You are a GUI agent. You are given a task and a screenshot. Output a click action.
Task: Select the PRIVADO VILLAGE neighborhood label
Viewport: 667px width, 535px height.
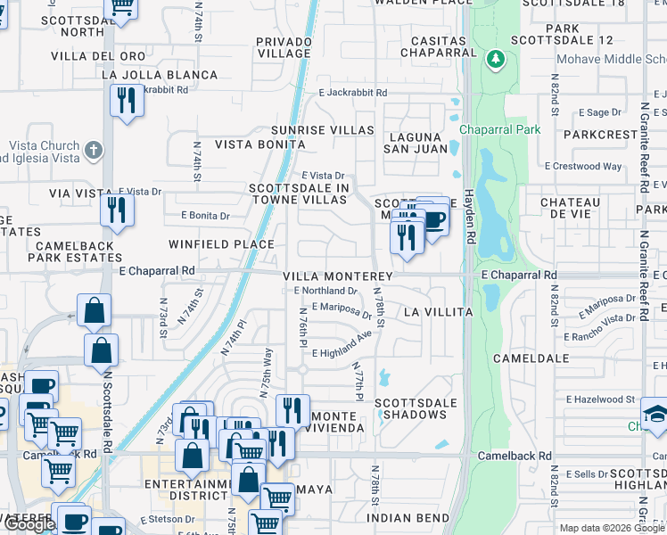tap(283, 47)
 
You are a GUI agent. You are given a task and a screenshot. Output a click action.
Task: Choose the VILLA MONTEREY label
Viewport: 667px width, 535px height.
tap(339, 277)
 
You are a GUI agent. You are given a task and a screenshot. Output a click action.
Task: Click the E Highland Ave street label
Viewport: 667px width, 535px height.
tap(342, 347)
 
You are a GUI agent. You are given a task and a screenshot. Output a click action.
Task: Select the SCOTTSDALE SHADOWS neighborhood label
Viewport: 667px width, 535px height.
tap(415, 409)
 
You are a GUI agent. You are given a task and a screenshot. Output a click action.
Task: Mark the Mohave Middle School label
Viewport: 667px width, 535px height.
tap(611, 60)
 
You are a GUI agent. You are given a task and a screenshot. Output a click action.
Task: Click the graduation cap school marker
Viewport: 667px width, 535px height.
tap(655, 415)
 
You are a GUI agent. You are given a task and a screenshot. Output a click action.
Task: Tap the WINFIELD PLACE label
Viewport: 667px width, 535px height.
tap(221, 243)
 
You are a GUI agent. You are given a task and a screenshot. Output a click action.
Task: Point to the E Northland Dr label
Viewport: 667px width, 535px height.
tap(325, 291)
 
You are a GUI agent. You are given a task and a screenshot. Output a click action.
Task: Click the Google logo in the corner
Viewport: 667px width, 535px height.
tap(29, 524)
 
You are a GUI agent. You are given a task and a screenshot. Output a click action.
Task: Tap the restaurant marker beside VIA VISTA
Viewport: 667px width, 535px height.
tap(117, 210)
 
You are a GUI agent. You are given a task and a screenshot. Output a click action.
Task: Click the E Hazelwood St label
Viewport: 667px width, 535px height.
tap(594, 400)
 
